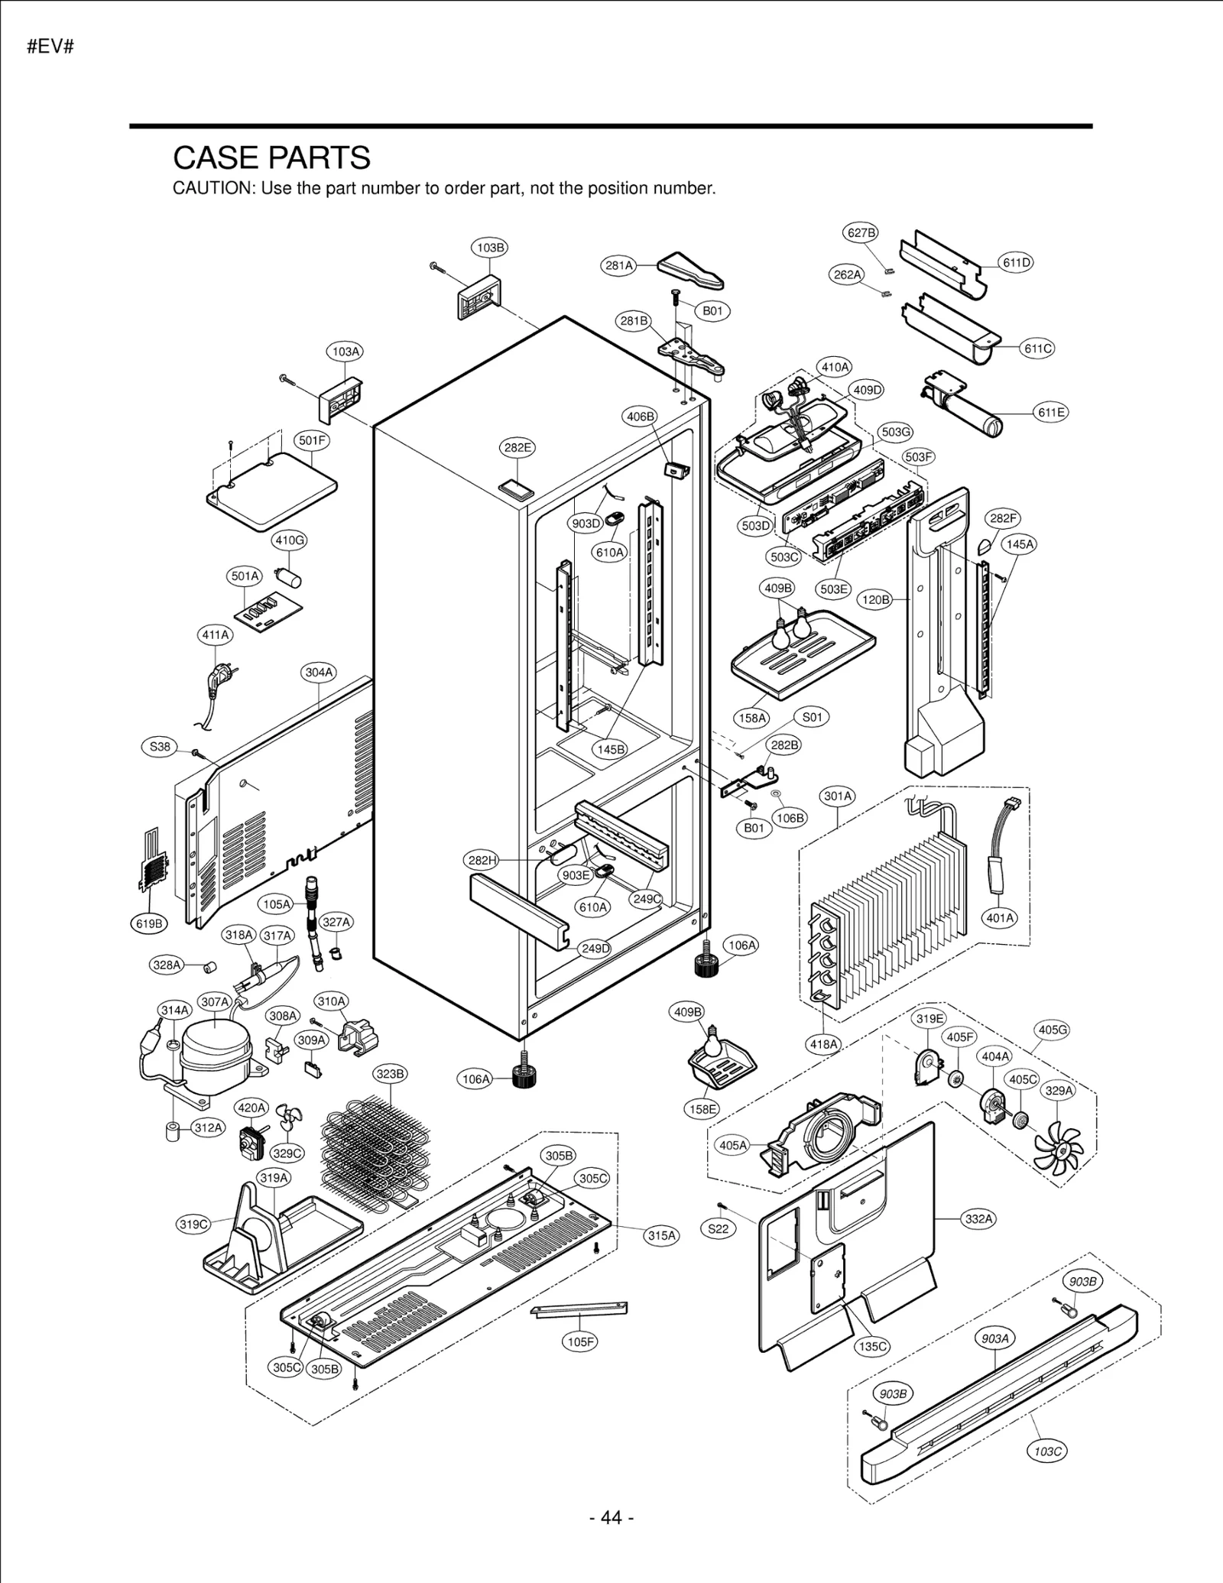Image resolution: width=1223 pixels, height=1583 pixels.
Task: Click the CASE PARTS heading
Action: (x=271, y=158)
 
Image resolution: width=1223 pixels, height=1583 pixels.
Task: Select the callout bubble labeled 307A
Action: (x=215, y=1001)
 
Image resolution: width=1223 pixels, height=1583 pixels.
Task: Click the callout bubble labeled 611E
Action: (x=1051, y=413)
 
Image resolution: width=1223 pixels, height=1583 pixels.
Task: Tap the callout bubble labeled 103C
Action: (x=1046, y=1451)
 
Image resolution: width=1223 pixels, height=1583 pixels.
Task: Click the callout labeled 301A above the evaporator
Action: (x=838, y=796)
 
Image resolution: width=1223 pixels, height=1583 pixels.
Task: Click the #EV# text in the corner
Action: (x=50, y=47)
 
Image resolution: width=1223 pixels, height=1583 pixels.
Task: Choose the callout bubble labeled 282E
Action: (x=517, y=447)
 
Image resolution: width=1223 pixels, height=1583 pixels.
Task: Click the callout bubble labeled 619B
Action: (x=149, y=923)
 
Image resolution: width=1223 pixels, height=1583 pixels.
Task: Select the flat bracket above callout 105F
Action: (x=579, y=1309)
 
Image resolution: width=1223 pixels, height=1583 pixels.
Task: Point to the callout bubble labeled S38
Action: (x=160, y=747)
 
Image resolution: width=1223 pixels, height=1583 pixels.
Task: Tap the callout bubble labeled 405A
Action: (x=732, y=1145)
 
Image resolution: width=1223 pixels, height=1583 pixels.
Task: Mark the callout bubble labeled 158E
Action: (x=702, y=1108)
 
